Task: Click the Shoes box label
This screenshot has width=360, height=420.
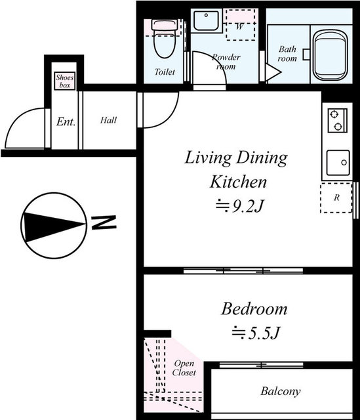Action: [x=65, y=81]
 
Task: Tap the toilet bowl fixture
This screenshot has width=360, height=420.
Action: [x=165, y=39]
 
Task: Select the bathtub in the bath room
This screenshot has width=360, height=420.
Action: [x=330, y=55]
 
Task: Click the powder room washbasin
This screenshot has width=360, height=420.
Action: [x=206, y=20]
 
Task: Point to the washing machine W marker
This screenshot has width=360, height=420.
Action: [x=239, y=26]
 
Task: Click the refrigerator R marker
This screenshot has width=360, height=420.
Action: [x=336, y=198]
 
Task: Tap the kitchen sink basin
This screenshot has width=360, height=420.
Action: [x=338, y=163]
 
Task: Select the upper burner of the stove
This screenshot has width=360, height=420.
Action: [x=334, y=114]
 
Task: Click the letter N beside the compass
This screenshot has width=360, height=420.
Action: [x=104, y=222]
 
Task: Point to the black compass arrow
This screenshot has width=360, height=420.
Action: [x=54, y=226]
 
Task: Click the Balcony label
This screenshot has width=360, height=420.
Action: [x=281, y=391]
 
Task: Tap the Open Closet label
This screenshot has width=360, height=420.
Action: [x=184, y=367]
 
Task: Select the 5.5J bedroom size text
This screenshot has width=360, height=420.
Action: [x=256, y=333]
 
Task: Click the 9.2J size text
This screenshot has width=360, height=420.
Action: [x=240, y=206]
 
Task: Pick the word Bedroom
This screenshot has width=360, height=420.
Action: [x=254, y=309]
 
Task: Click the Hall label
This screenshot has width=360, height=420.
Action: [x=108, y=120]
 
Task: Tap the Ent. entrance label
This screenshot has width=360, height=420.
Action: [x=66, y=121]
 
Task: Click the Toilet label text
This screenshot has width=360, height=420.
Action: [x=165, y=72]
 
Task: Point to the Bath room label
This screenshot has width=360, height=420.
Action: [x=287, y=54]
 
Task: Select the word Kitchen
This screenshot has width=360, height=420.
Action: [x=238, y=182]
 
